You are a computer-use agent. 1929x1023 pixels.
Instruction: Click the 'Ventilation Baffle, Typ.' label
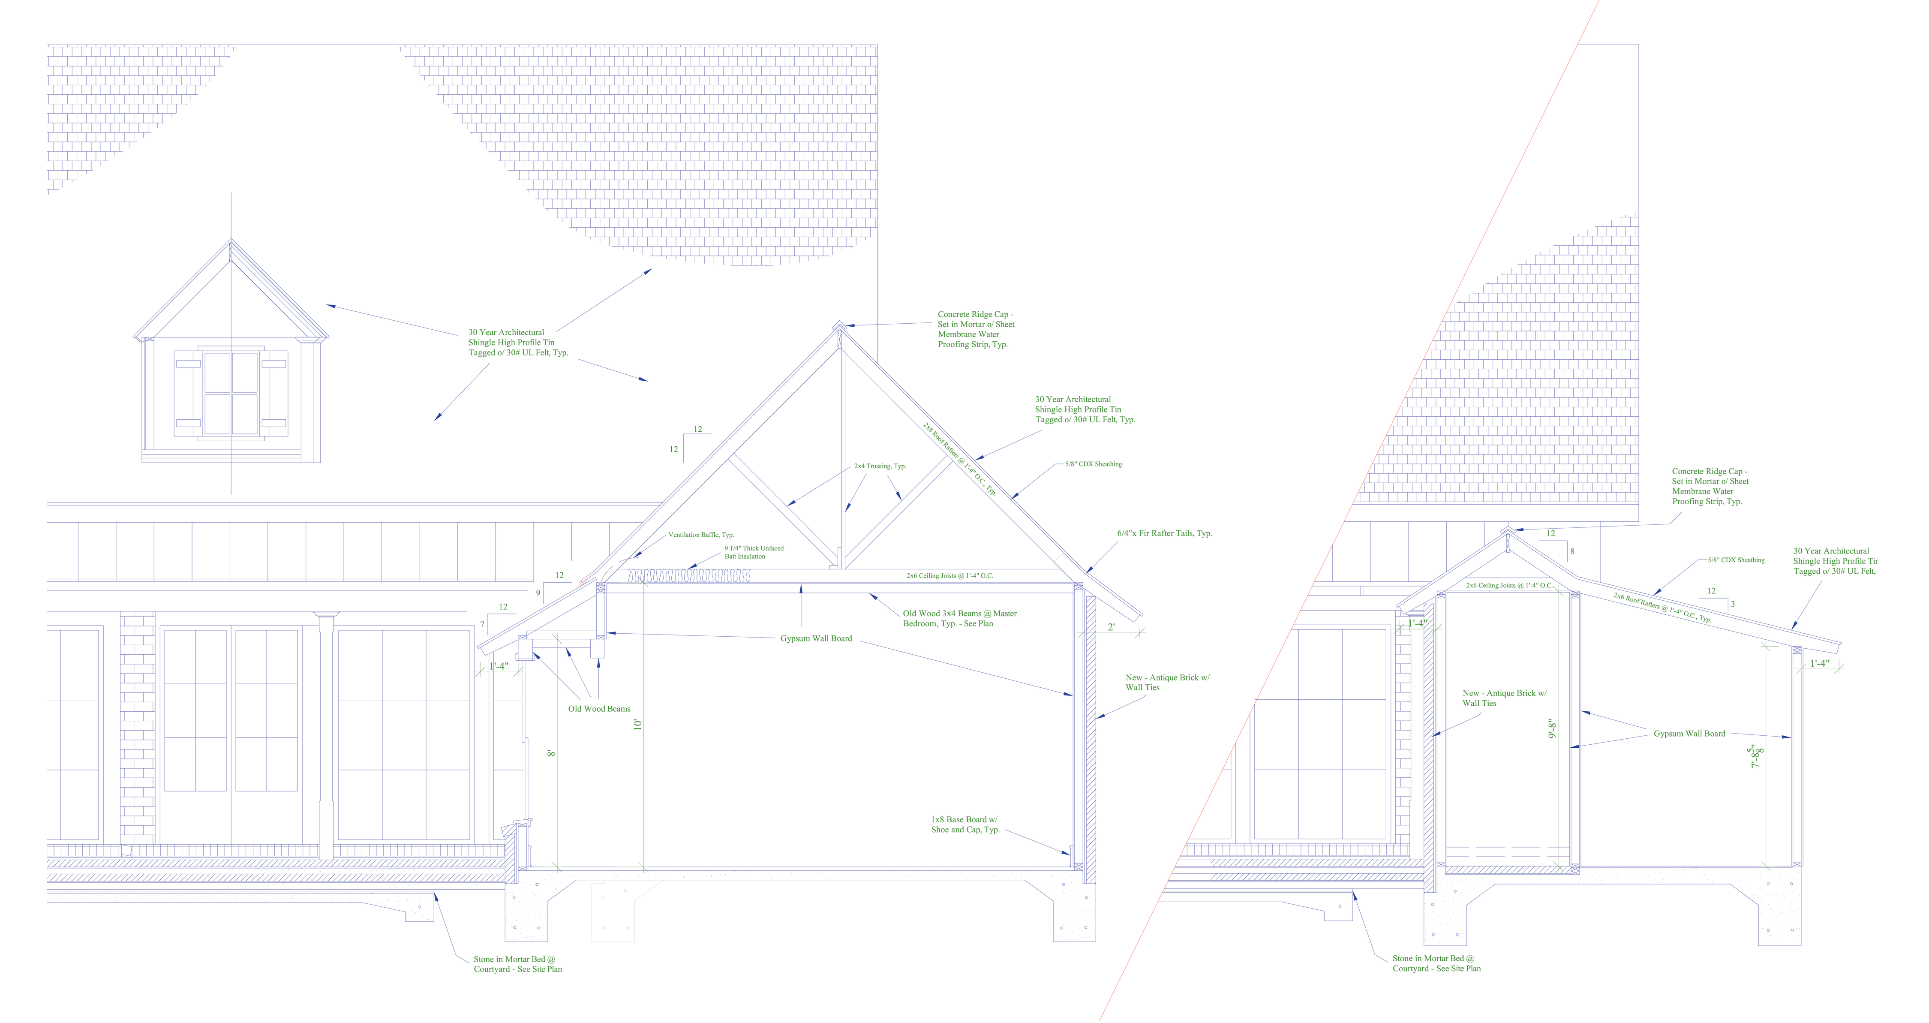[701, 535]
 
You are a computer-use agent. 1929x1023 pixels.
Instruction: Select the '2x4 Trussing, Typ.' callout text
[880, 466]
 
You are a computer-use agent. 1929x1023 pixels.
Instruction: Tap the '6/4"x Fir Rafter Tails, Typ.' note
[1164, 533]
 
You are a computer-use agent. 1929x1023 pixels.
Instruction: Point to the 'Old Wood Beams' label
[599, 708]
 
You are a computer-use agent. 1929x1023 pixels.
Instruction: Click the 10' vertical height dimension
[638, 724]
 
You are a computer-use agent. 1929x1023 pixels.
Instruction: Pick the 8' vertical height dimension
[552, 752]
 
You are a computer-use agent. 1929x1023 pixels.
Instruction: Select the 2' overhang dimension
[1111, 627]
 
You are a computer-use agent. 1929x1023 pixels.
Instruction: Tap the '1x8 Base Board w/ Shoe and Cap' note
[965, 824]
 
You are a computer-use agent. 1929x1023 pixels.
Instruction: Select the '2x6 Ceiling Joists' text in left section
[949, 576]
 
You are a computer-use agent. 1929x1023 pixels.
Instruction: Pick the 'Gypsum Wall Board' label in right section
[1689, 734]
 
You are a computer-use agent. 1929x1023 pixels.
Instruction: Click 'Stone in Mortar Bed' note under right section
[1437, 963]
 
